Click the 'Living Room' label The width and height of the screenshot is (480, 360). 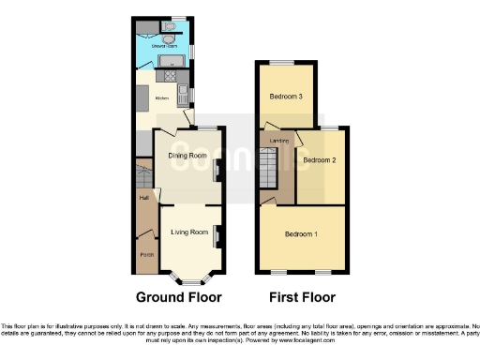187,232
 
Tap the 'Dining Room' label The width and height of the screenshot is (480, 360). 187,156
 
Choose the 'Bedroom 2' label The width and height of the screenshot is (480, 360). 320,160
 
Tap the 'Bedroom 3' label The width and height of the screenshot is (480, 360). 287,97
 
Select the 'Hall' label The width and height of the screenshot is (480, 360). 143,198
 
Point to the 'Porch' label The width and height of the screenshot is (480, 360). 146,254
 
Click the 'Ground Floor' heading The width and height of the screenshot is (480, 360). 179,298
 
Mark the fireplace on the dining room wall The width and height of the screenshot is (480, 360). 217,171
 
